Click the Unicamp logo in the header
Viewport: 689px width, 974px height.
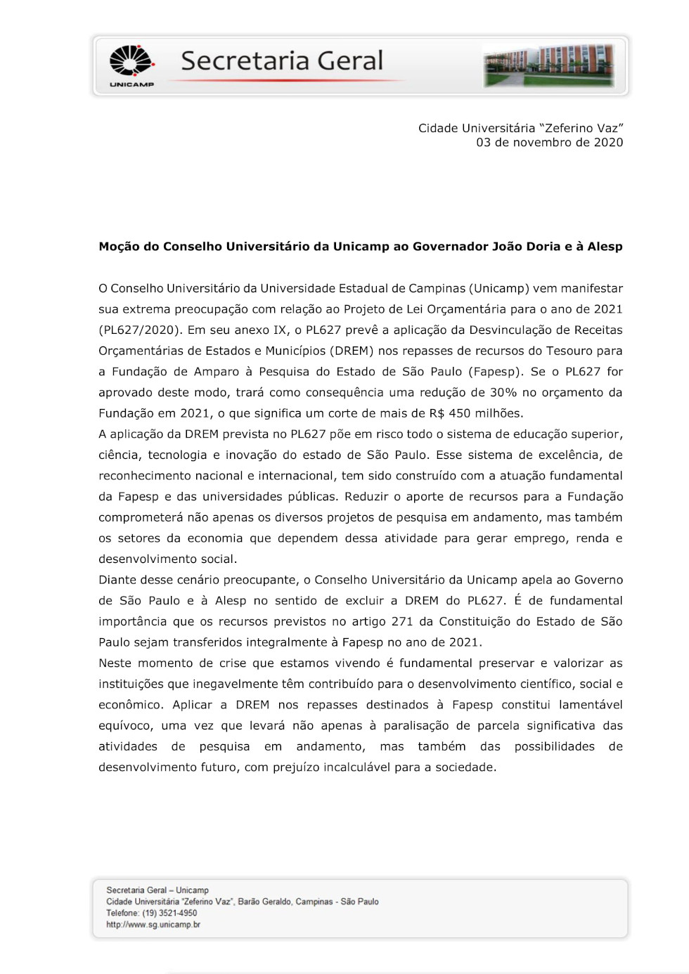click(x=131, y=65)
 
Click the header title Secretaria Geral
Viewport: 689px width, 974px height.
click(x=282, y=61)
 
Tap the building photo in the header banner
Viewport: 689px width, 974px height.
click(x=549, y=65)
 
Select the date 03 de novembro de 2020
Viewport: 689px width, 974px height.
click(x=549, y=143)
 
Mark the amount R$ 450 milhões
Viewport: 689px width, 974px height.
click(x=479, y=413)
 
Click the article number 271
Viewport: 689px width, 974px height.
click(x=402, y=622)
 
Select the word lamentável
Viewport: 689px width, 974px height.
click(x=591, y=705)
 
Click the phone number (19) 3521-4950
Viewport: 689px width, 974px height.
click(x=169, y=914)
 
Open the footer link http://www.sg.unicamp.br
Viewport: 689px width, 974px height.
click(x=153, y=925)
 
